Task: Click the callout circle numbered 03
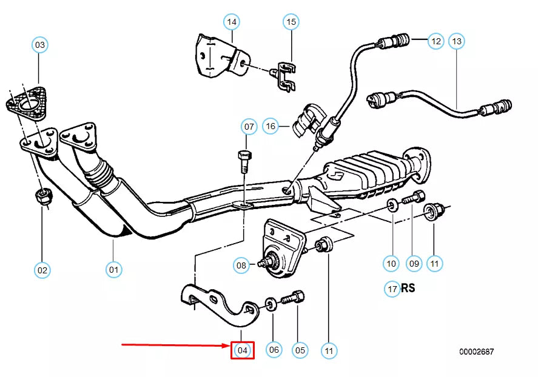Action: pos(39,45)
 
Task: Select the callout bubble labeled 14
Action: pos(231,23)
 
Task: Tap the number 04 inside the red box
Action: pos(242,350)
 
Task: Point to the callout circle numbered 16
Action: pos(271,127)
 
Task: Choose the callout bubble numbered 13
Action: pos(457,41)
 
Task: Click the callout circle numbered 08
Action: pos(242,265)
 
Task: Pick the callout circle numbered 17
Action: pos(392,289)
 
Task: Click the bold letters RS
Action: pos(408,288)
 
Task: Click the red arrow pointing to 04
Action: pos(176,345)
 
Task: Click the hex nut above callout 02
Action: pos(42,196)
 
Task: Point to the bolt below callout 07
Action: pos(244,159)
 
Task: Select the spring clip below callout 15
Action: pos(284,77)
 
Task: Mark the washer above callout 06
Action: pos(272,302)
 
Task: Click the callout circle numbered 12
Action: pos(436,41)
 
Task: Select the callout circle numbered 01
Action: pos(113,269)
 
